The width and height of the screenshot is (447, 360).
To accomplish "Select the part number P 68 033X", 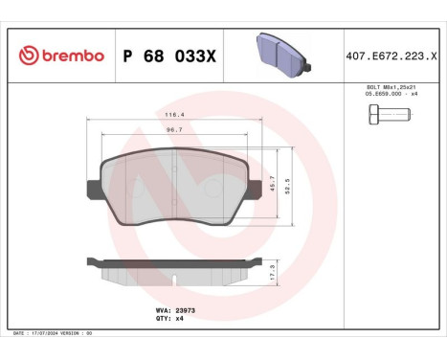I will [x=168, y=56].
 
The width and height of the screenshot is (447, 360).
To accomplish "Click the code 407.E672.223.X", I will [x=394, y=56].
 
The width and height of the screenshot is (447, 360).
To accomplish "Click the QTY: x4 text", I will [x=170, y=319].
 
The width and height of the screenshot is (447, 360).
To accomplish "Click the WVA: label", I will [x=163, y=310].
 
